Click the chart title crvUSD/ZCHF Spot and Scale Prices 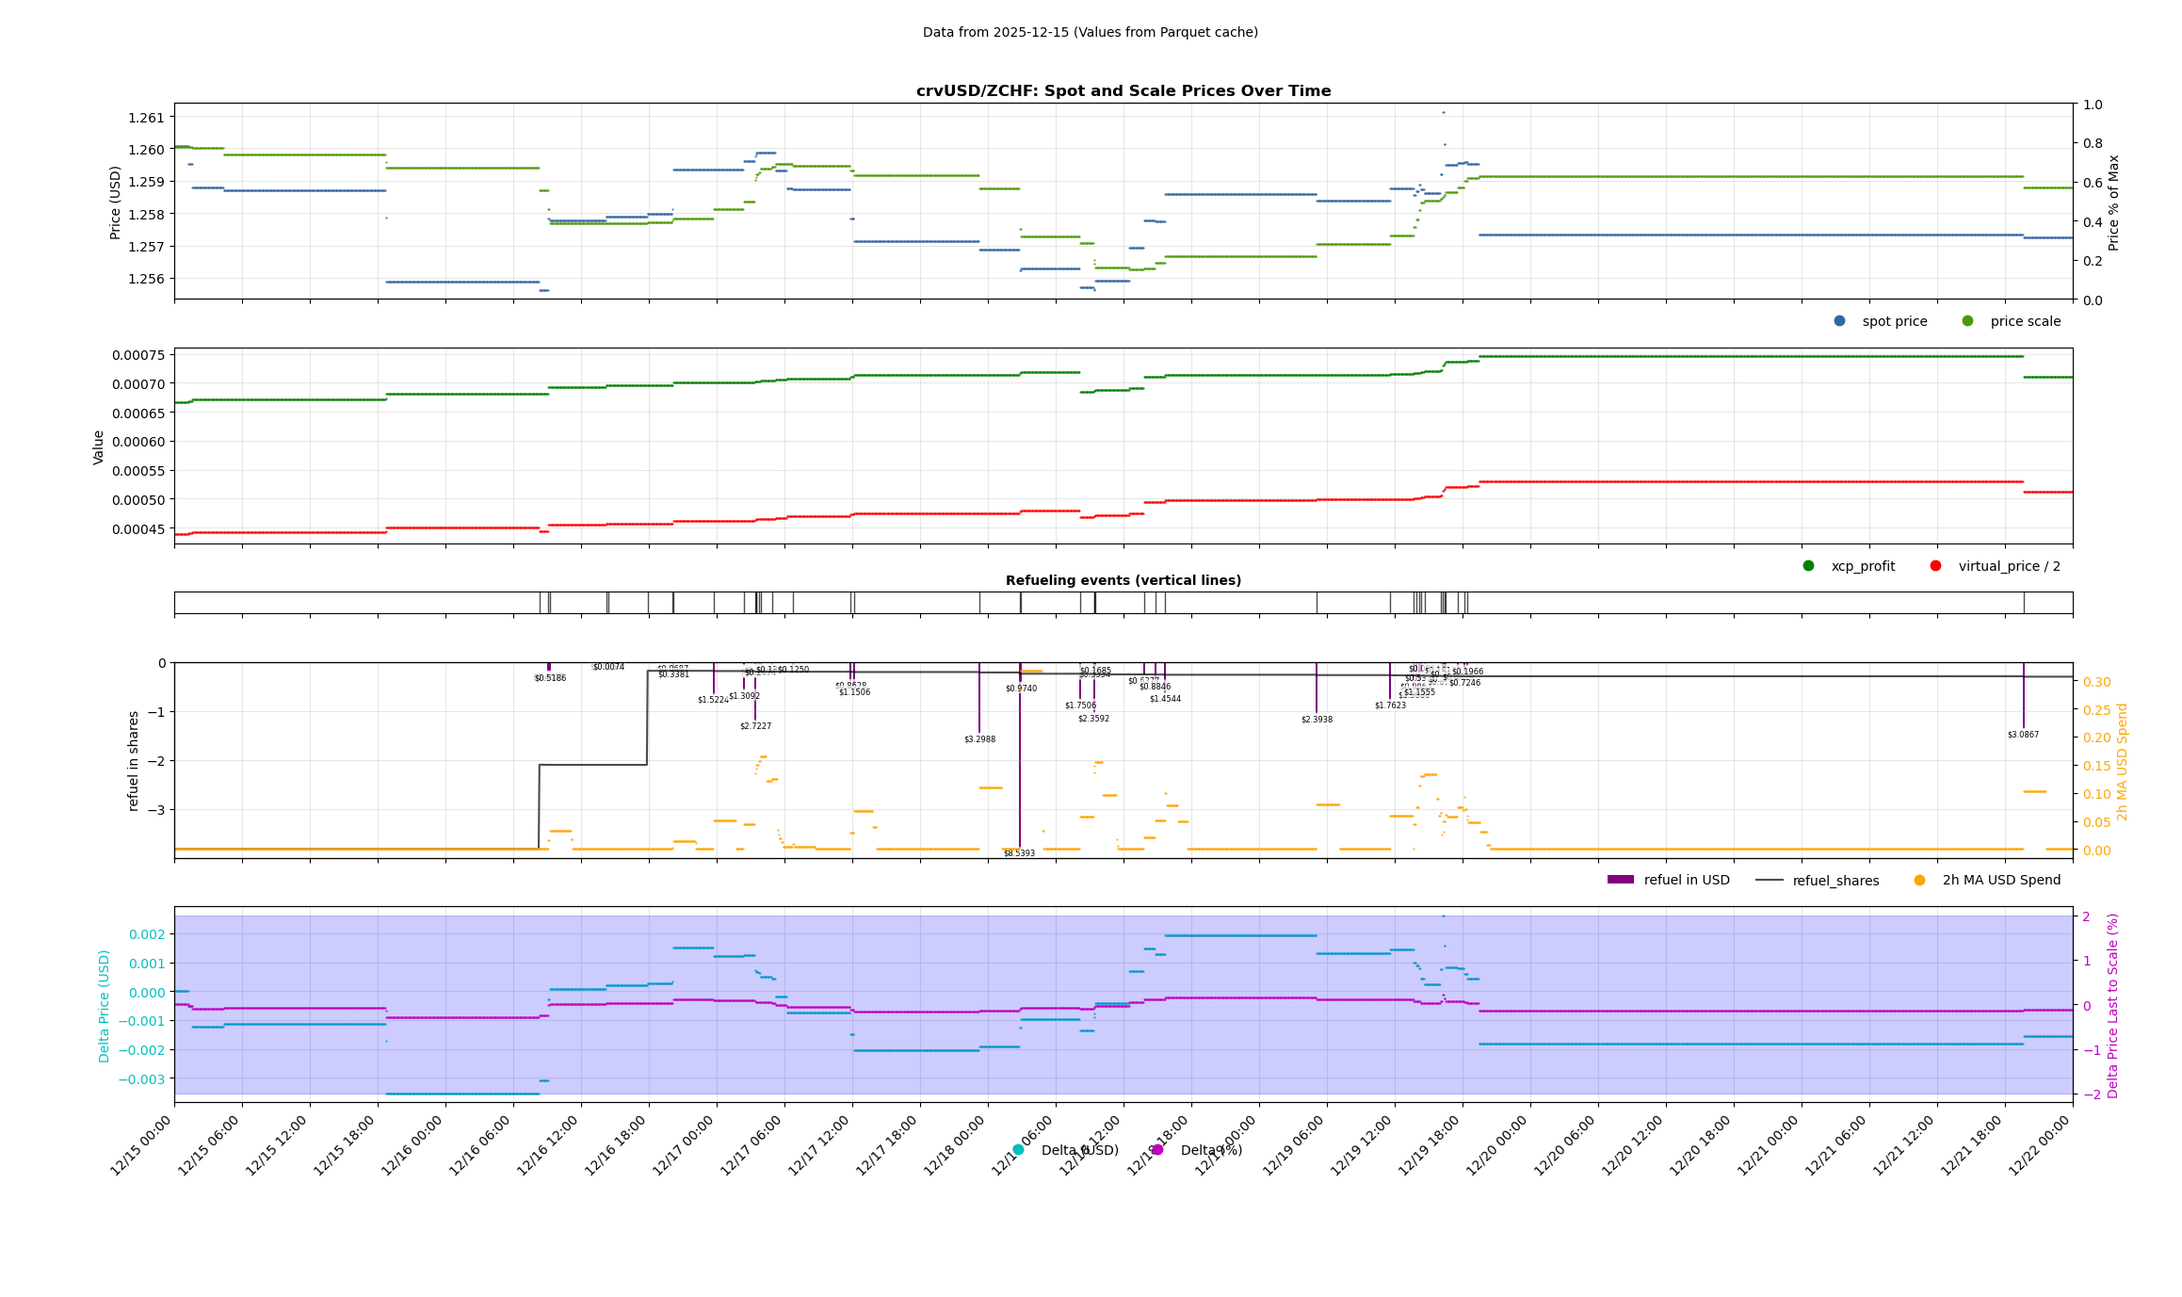(x=1123, y=91)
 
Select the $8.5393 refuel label (x=1019, y=853)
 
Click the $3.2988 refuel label (x=979, y=739)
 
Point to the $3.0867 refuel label (x=2023, y=735)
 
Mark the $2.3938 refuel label (x=1317, y=720)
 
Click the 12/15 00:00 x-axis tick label (x=141, y=1145)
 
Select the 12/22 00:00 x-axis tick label (x=2040, y=1145)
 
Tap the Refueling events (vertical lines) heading (x=1123, y=580)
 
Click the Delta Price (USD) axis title (x=105, y=1005)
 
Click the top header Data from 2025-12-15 (x=1090, y=32)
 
